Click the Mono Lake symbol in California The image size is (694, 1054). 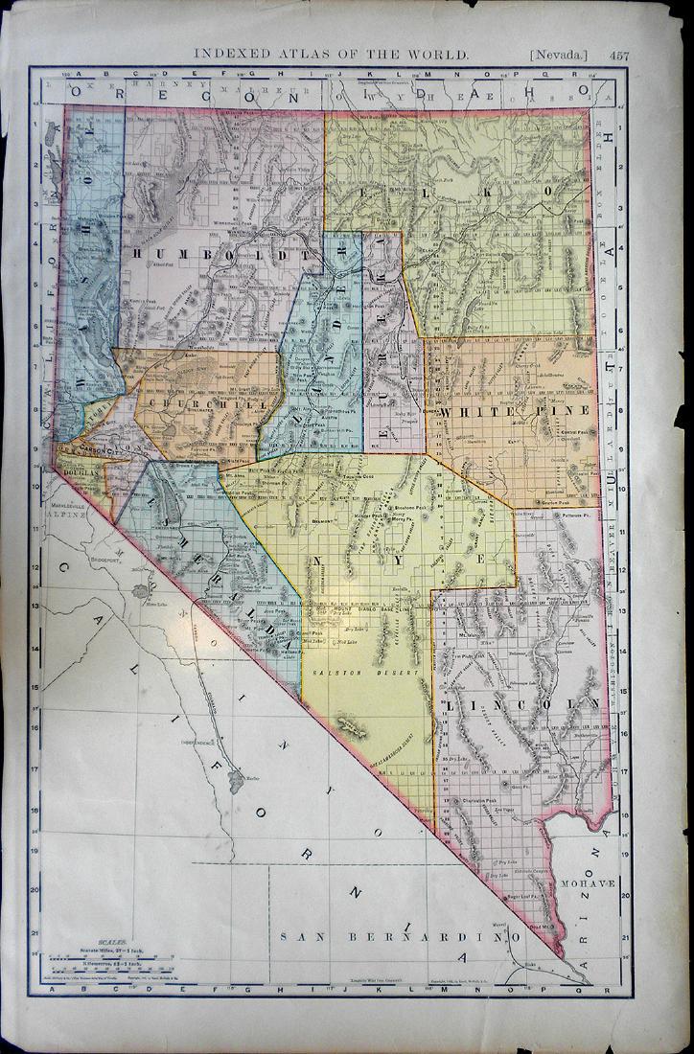(141, 592)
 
